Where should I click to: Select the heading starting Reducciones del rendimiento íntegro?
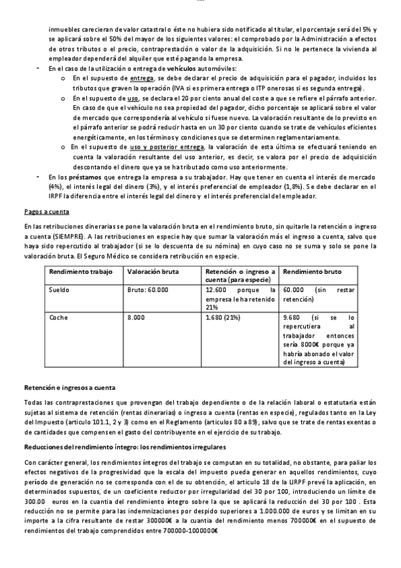point(124,446)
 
